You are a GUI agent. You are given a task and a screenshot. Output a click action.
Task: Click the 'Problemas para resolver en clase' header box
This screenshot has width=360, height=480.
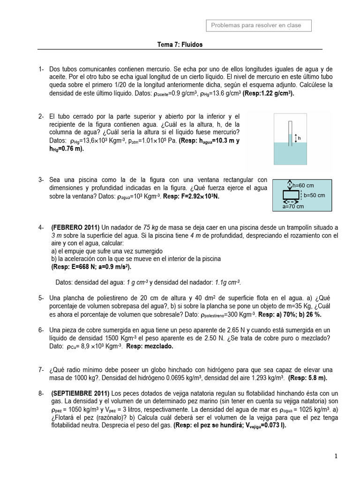click(x=259, y=25)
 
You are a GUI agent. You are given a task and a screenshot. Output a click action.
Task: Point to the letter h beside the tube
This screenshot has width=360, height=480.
click(x=300, y=138)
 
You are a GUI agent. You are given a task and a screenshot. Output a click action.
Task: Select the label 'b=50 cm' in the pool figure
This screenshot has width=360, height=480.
click(x=315, y=195)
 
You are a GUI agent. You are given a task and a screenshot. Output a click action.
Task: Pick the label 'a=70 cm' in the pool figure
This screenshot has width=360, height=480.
click(x=293, y=206)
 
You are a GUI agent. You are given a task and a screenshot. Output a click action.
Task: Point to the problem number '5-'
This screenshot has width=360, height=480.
click(x=41, y=298)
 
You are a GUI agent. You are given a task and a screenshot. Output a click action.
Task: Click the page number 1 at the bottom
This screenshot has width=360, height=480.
click(x=336, y=456)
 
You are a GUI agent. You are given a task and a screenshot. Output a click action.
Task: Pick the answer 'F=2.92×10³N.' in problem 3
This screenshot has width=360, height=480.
click(x=197, y=196)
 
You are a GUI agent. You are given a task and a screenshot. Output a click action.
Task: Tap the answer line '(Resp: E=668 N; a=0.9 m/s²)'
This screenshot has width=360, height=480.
click(x=91, y=267)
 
